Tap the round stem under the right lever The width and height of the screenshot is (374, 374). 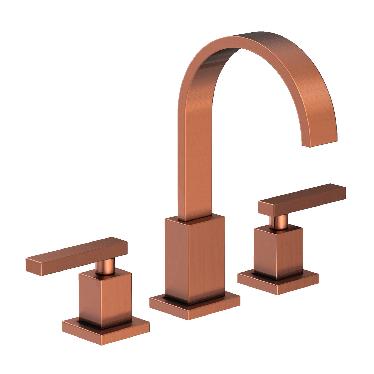pos(278,223)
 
